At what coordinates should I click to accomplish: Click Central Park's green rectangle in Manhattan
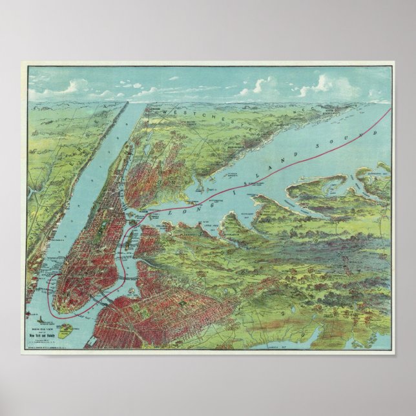[107, 213]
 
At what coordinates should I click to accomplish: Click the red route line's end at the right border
[390, 109]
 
